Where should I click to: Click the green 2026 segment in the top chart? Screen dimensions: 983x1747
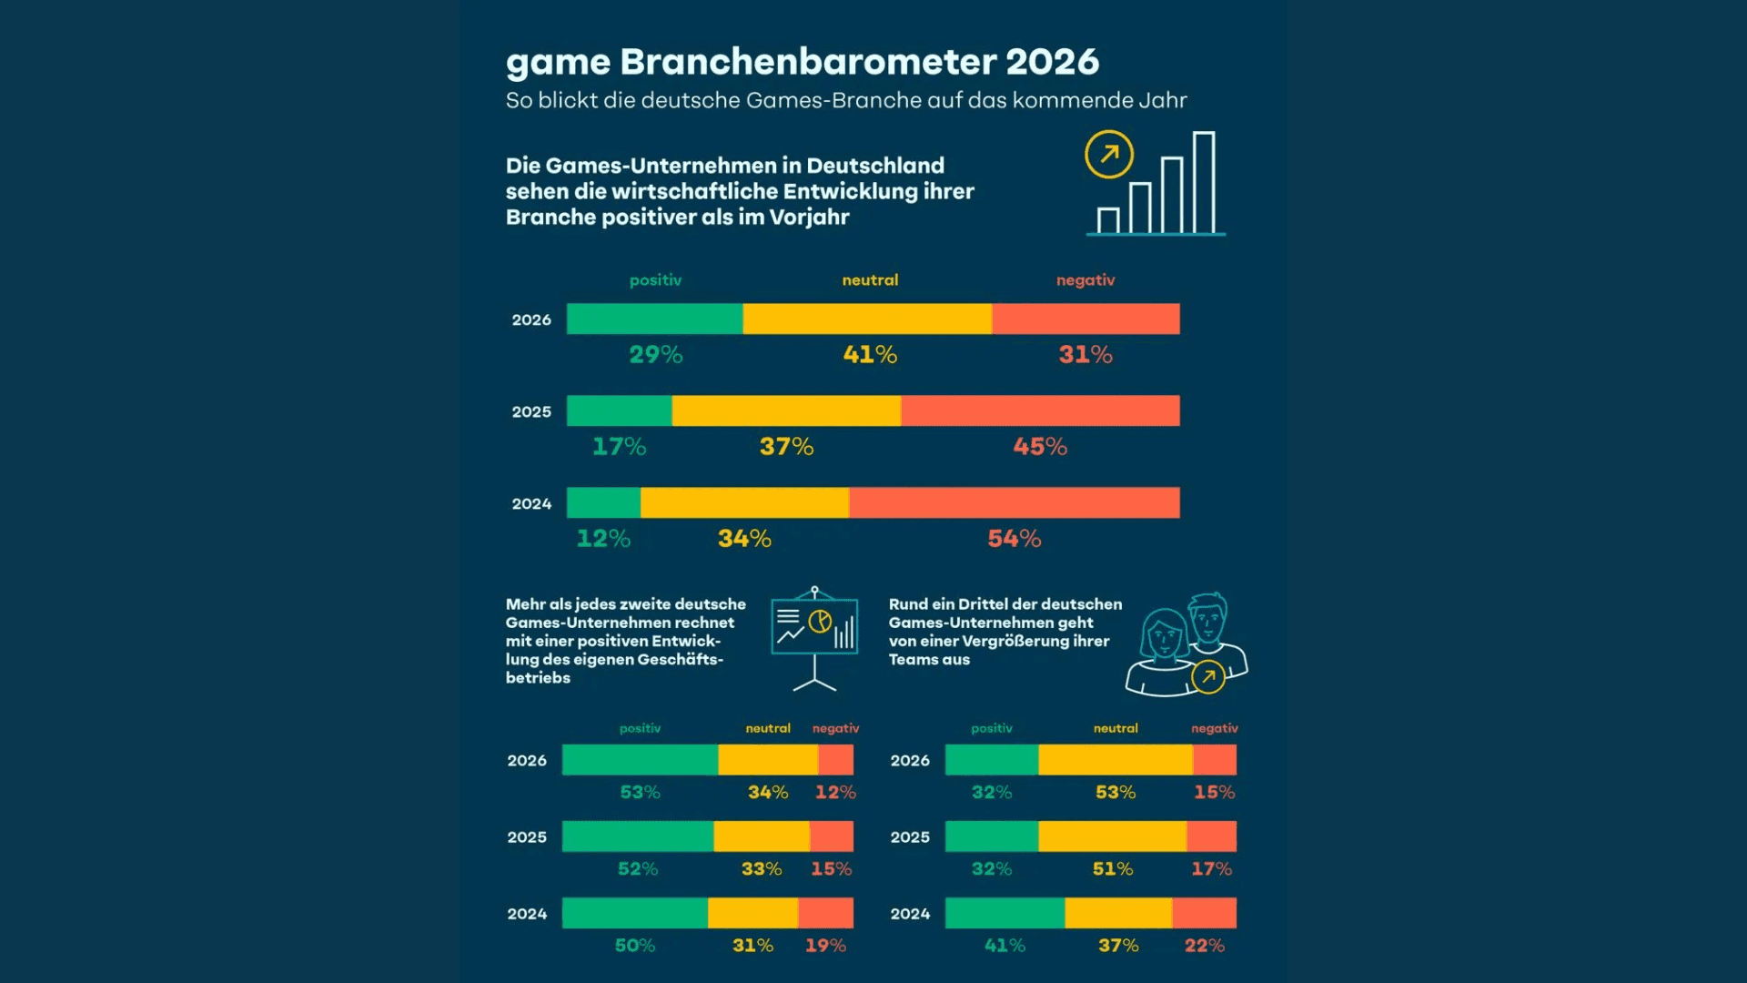click(x=654, y=319)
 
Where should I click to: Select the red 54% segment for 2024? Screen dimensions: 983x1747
click(x=1014, y=502)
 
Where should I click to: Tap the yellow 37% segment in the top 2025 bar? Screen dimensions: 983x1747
click(x=786, y=410)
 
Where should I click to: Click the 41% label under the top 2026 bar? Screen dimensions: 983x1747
click(x=870, y=355)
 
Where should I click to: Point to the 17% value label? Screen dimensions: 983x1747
click(x=619, y=447)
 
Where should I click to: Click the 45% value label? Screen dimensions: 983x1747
click(x=1040, y=447)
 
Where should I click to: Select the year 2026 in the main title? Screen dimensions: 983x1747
click(x=1052, y=62)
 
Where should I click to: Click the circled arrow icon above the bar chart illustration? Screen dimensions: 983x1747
click(x=1108, y=155)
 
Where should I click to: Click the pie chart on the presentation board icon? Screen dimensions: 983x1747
click(x=820, y=621)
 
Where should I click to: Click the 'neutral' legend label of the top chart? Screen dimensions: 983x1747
click(x=870, y=280)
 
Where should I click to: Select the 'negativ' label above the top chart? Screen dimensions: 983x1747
click(x=1085, y=280)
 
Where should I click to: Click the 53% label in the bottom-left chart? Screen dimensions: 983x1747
click(x=640, y=793)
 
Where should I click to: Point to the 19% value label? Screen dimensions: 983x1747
click(x=825, y=946)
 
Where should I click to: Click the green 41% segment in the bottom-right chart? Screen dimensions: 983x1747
click(x=1005, y=913)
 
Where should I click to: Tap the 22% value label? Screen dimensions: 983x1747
click(x=1204, y=946)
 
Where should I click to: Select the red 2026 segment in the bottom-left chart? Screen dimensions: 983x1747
click(x=835, y=760)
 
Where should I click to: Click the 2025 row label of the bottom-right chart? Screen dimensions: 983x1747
click(x=910, y=837)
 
